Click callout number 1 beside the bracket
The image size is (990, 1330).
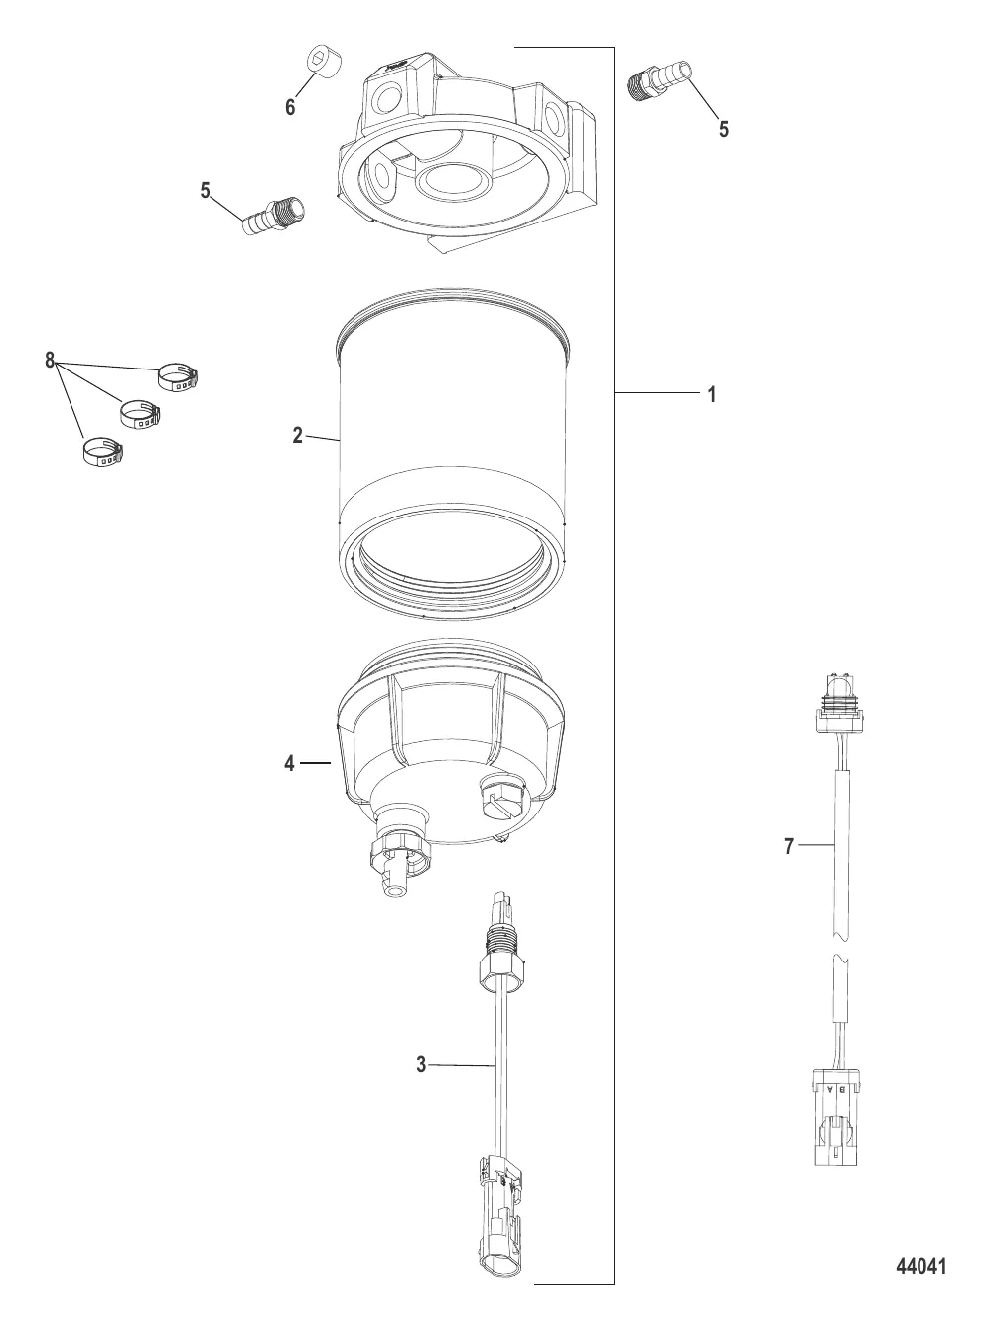tap(712, 395)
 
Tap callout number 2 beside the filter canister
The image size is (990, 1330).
tap(298, 435)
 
